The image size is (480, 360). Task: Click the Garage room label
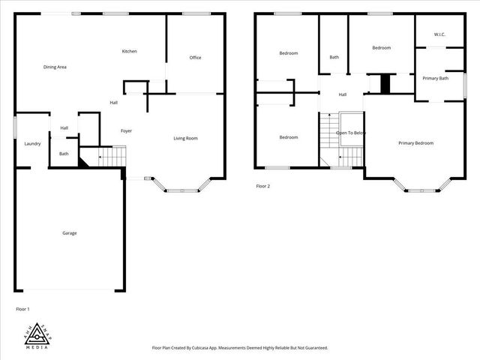(69, 232)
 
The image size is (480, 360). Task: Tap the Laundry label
(31, 144)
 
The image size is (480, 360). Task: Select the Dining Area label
(55, 67)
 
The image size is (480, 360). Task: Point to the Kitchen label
(130, 51)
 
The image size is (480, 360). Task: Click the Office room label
(195, 58)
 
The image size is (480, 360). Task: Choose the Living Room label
(185, 138)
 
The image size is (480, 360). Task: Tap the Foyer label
(126, 131)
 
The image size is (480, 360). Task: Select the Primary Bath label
(435, 78)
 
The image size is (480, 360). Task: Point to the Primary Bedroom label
(415, 143)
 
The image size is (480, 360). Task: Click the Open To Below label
(351, 133)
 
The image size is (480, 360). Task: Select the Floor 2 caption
(262, 186)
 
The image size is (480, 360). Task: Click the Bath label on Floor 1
(64, 154)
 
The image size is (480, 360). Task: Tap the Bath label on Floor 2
(334, 57)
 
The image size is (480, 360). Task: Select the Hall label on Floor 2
(342, 94)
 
